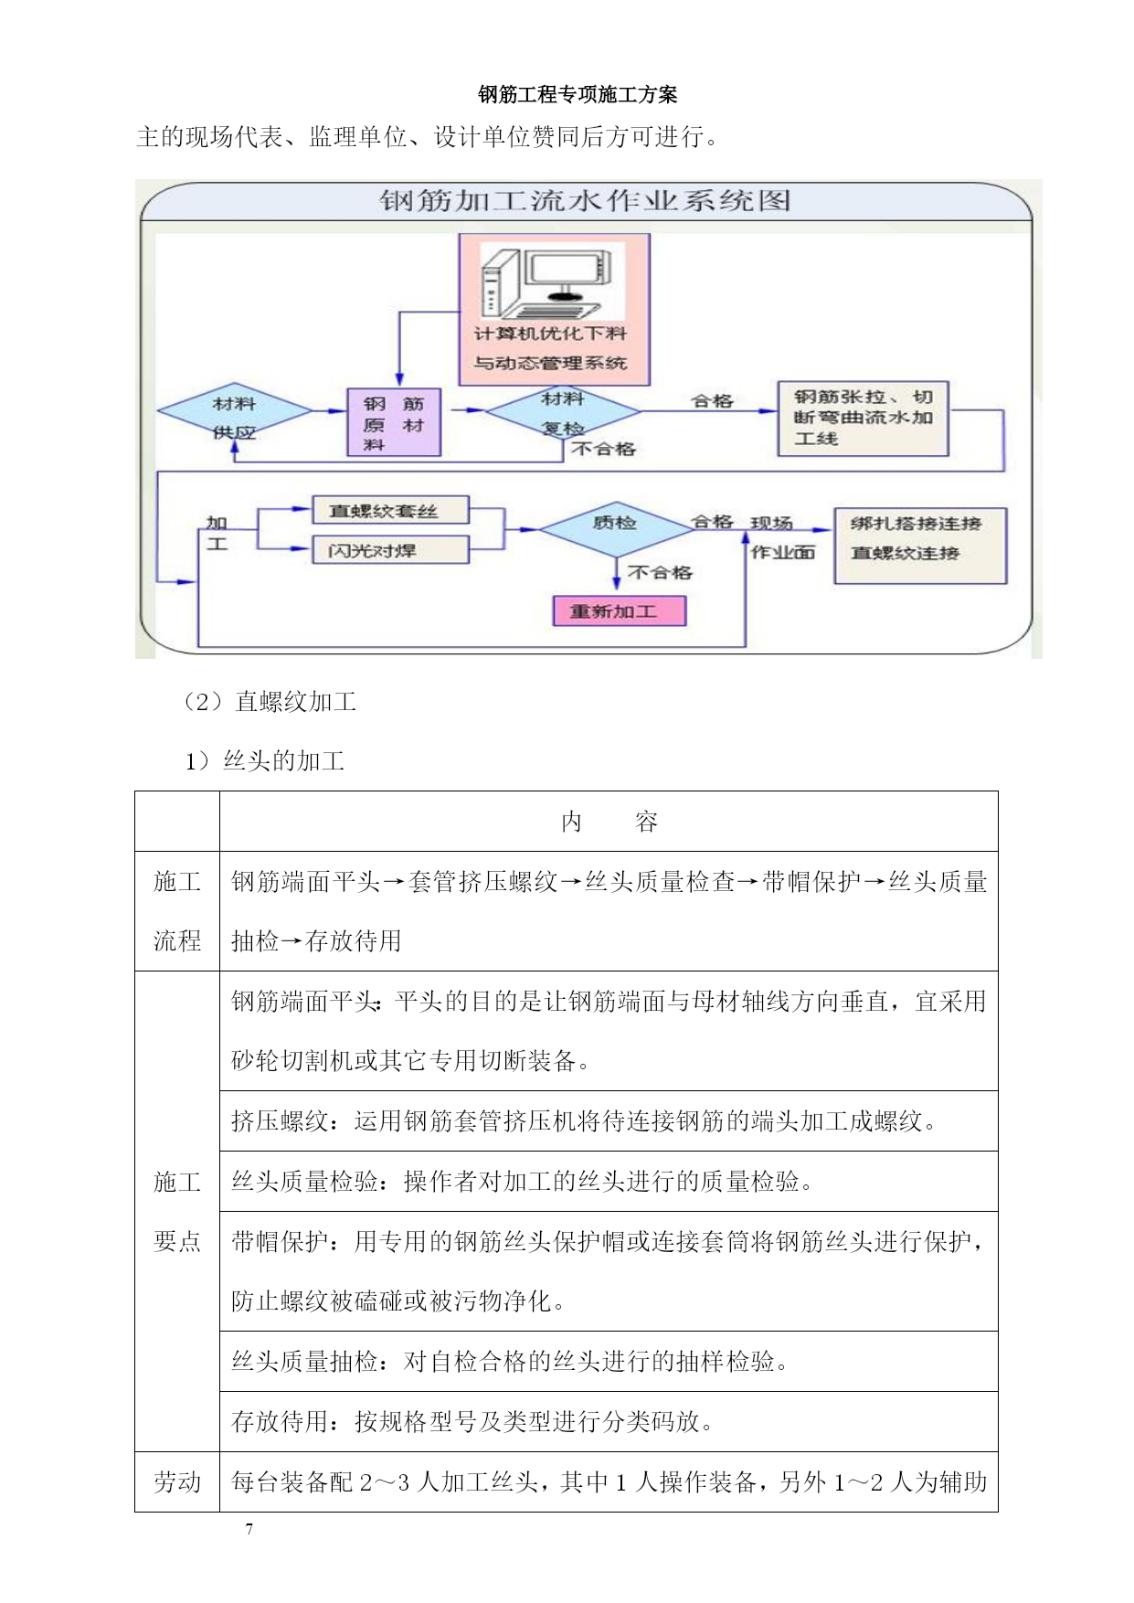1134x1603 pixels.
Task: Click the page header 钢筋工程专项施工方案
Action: [x=578, y=94]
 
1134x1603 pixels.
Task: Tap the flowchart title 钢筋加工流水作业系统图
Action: [x=585, y=201]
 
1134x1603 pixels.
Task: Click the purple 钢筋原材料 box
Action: [x=394, y=422]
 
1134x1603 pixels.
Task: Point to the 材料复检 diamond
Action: [x=563, y=412]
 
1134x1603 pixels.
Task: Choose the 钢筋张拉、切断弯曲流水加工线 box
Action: [x=863, y=419]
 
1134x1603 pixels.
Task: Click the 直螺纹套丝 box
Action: [x=390, y=511]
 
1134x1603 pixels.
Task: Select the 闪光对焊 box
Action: [x=390, y=550]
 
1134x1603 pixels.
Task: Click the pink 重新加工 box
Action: [x=619, y=610]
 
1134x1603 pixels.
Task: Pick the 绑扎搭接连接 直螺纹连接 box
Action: [x=920, y=546]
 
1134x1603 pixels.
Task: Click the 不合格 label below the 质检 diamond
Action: [x=660, y=573]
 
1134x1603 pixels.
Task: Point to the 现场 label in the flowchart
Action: [x=771, y=524]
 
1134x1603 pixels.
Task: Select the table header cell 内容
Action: [x=609, y=822]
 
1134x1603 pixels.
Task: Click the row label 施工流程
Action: [x=177, y=911]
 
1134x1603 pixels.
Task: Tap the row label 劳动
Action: [x=177, y=1481]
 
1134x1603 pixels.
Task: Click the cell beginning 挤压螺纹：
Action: [x=609, y=1121]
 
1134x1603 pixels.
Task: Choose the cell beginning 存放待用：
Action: [x=609, y=1422]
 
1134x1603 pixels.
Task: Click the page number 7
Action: [x=249, y=1528]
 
